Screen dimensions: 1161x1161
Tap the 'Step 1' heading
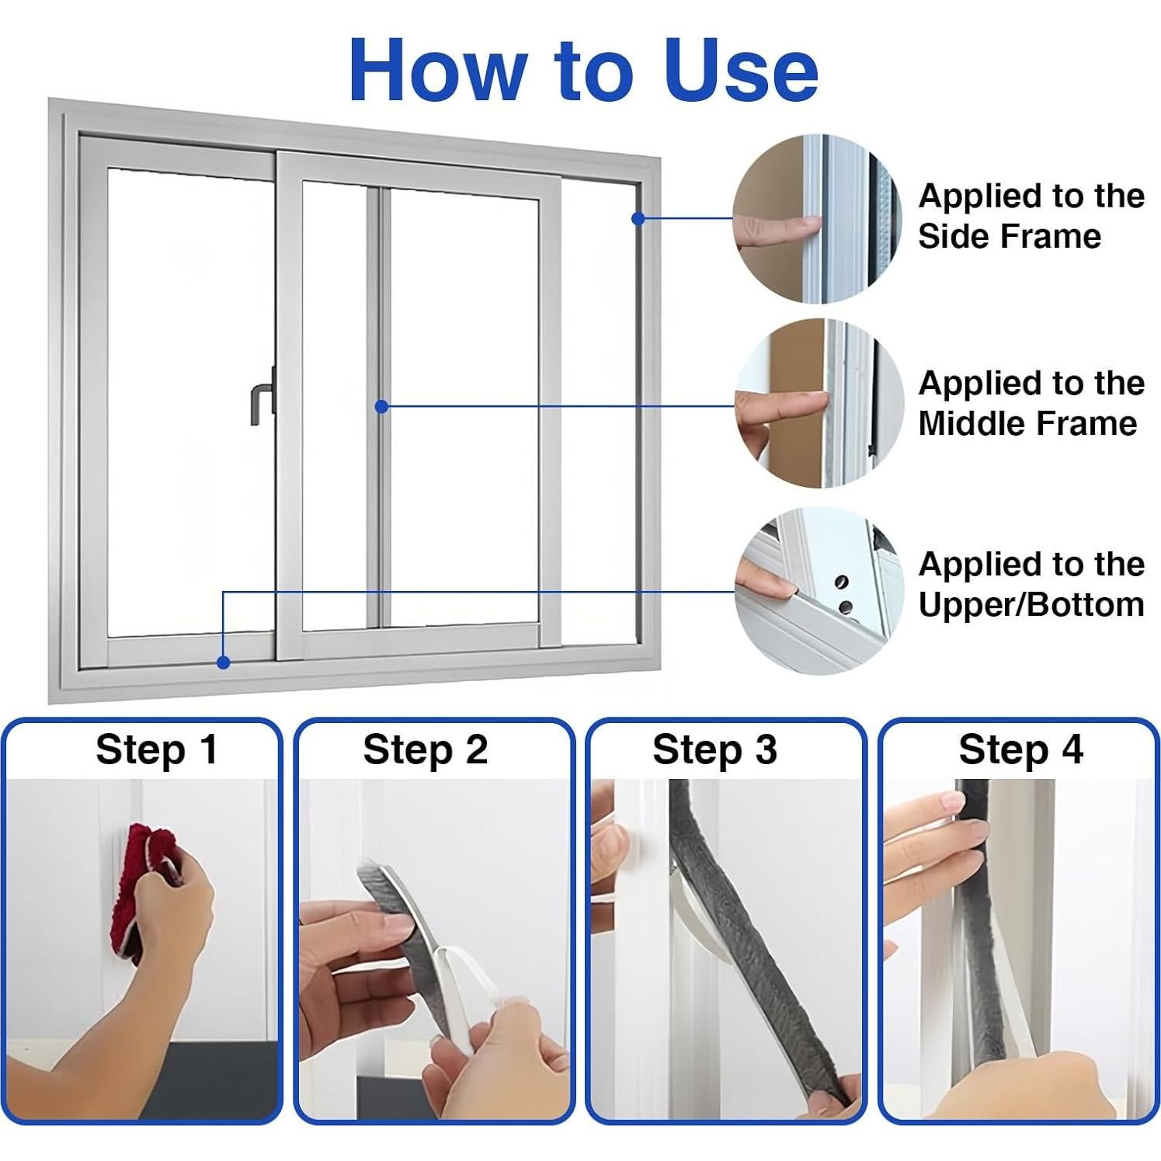tap(157, 750)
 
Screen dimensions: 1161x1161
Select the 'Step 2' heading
tap(426, 750)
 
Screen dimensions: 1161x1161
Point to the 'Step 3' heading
tap(714, 750)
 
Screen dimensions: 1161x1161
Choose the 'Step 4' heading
tap(1020, 750)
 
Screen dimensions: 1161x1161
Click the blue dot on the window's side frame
tap(638, 219)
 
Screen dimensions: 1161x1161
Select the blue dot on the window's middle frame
tap(381, 406)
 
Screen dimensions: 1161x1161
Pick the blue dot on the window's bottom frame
tap(224, 662)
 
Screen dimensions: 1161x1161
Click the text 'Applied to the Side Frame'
tap(1031, 216)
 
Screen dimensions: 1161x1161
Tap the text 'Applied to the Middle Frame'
tap(1031, 403)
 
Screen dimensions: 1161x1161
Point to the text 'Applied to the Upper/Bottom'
tap(1031, 584)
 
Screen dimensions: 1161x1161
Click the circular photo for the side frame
tap(818, 219)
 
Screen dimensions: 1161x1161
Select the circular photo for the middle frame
tap(819, 403)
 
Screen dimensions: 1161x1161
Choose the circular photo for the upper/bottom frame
tap(819, 590)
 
